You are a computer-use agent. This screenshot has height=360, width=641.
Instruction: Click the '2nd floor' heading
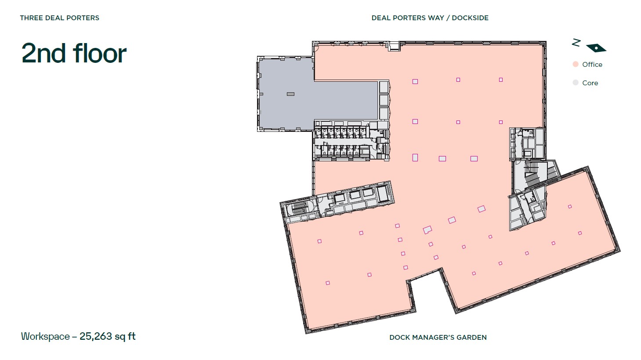coord(74,53)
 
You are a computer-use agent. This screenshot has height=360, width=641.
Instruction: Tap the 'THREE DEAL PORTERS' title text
coord(59,18)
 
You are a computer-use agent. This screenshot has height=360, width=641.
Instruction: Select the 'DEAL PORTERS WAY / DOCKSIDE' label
coord(430,18)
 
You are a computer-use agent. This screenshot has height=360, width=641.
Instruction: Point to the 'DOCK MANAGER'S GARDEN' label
coord(438,338)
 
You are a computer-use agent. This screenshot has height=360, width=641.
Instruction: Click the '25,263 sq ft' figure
coord(107,337)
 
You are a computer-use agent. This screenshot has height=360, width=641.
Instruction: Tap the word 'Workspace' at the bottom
coord(45,337)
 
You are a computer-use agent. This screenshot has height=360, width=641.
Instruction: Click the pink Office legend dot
coord(576,64)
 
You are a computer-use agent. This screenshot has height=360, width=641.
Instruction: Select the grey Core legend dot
coord(576,83)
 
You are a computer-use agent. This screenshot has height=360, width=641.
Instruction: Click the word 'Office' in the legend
coord(592,65)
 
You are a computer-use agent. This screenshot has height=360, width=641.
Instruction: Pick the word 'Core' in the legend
coord(590,83)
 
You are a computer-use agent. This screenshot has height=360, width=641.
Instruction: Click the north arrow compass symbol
coord(596,48)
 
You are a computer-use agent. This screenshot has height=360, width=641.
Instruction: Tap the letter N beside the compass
coord(576,42)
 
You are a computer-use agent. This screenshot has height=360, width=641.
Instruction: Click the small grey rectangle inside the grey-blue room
coord(290,94)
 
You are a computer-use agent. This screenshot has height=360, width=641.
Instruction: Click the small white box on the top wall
coord(394,46)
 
